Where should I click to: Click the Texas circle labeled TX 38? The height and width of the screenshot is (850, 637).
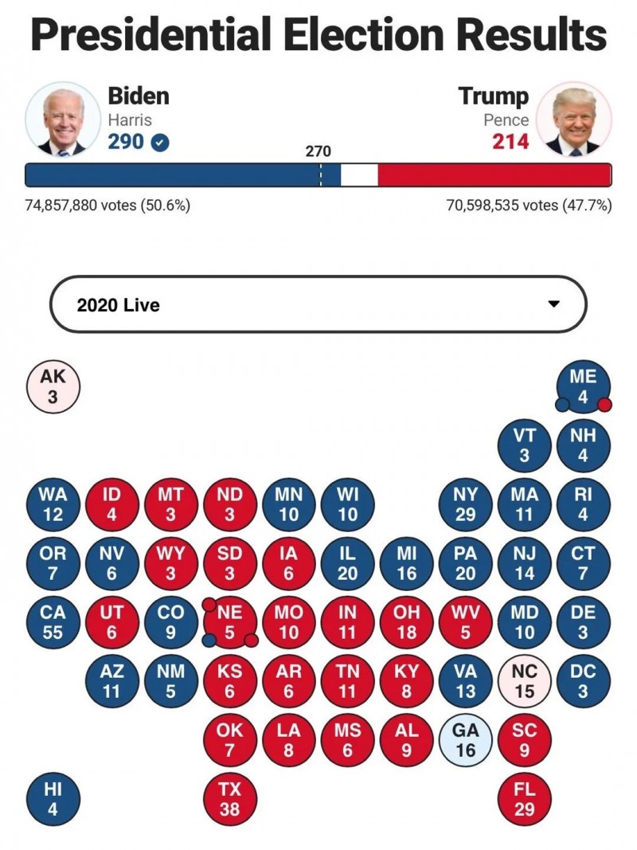[229, 798]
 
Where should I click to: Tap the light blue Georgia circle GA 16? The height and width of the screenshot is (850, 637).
[465, 740]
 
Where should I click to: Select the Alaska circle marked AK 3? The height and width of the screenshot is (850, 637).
[53, 387]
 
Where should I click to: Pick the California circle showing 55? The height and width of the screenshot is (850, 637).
[53, 622]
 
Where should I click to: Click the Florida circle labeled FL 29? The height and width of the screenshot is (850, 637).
[524, 798]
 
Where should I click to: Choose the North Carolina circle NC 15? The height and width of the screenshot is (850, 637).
[524, 681]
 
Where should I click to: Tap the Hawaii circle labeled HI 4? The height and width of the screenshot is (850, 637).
[53, 798]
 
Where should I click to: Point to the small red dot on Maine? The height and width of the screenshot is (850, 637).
[604, 405]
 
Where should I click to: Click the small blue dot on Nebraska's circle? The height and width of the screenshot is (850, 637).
[209, 640]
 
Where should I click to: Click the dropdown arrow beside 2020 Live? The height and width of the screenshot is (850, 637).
[554, 304]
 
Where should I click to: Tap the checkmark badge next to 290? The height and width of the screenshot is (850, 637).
[160, 143]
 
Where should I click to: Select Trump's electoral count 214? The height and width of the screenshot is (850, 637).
[510, 142]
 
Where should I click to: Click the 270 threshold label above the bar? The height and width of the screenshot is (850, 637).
[318, 151]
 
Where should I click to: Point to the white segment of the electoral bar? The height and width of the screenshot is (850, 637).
[359, 175]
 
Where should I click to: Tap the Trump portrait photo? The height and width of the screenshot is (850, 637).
[573, 119]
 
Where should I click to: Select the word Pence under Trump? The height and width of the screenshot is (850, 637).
[506, 120]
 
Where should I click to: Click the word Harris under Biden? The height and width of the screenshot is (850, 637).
[130, 120]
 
